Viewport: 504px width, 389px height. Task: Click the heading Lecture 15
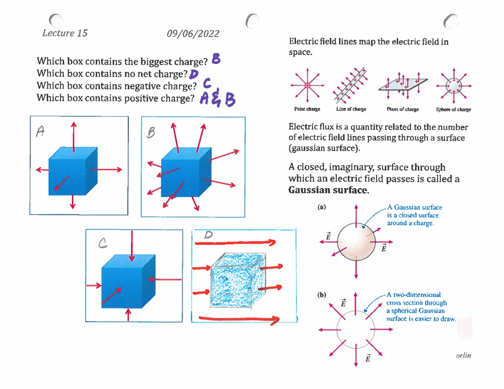65,33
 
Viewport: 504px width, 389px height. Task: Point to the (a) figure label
321,206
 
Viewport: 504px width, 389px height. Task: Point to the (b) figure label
321,295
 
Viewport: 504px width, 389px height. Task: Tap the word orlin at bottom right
463,355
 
